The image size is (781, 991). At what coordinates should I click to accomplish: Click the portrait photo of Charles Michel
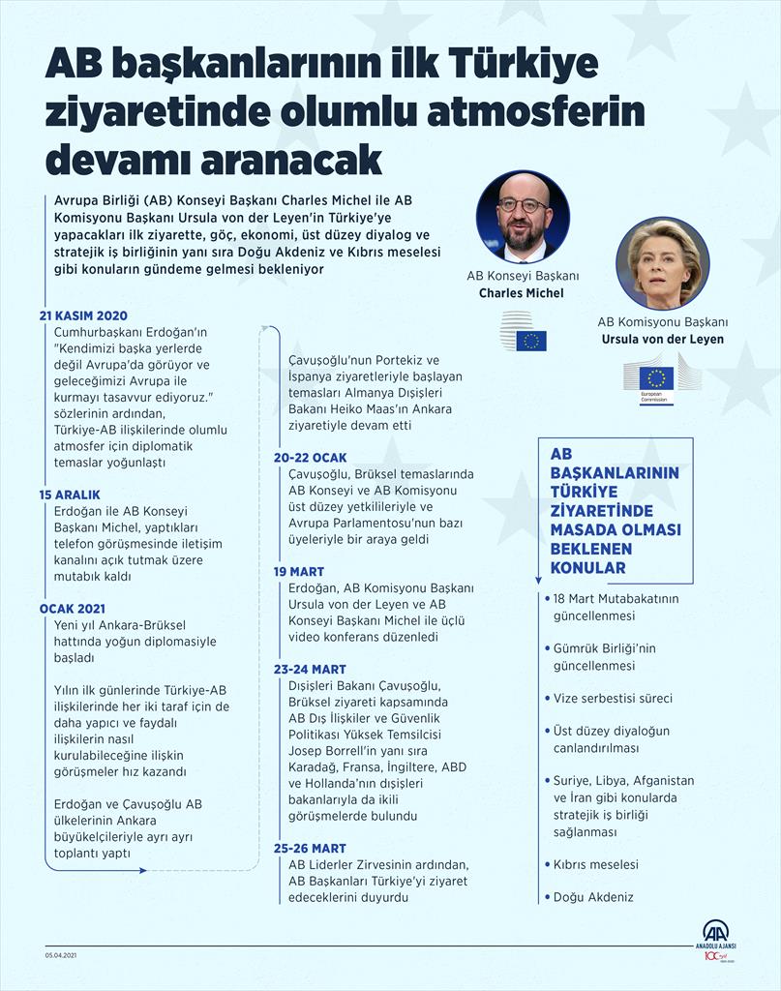click(x=522, y=217)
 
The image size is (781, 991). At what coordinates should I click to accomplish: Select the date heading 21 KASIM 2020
click(x=83, y=315)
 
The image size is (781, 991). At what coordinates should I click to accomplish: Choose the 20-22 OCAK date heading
click(x=310, y=457)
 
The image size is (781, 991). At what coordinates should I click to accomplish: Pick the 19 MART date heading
click(x=299, y=572)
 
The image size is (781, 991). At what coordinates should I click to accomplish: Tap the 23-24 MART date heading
click(x=310, y=669)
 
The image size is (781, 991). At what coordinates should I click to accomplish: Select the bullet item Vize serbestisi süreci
click(x=612, y=698)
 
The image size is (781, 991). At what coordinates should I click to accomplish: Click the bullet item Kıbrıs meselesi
click(x=595, y=864)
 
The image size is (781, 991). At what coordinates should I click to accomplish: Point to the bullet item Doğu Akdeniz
click(x=593, y=897)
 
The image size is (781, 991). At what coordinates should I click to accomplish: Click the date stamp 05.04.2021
click(x=61, y=955)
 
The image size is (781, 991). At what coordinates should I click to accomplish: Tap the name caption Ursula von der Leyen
click(x=662, y=340)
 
